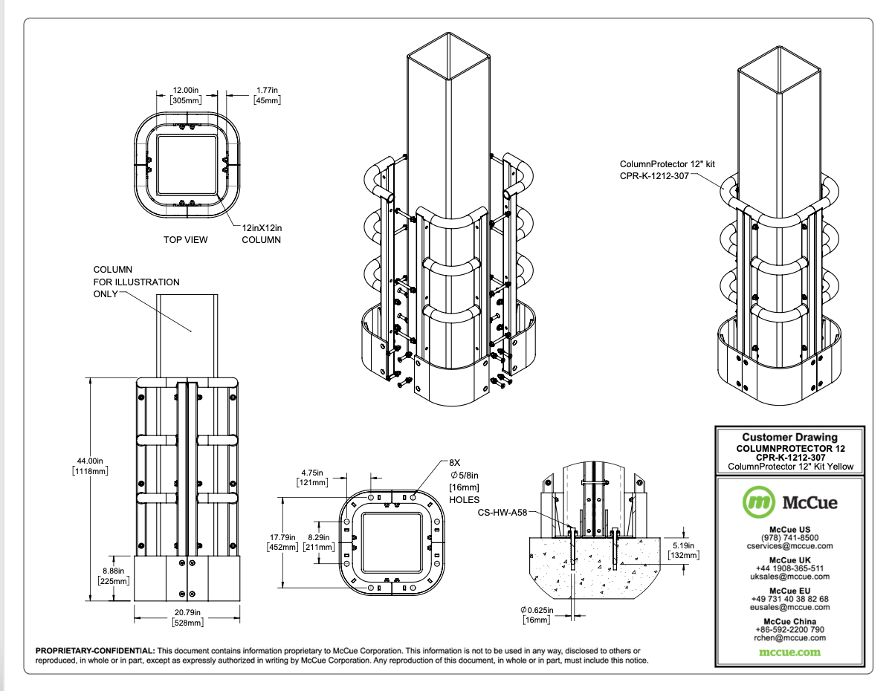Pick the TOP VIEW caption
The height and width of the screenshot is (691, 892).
[186, 240]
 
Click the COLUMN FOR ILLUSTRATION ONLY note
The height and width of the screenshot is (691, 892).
[135, 282]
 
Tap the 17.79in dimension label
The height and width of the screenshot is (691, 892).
[282, 542]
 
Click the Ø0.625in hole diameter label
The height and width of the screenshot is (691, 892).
[535, 614]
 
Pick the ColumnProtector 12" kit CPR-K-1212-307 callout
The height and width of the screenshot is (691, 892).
[657, 169]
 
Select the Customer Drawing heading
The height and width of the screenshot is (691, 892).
[789, 438]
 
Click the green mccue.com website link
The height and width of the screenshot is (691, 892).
[789, 652]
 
